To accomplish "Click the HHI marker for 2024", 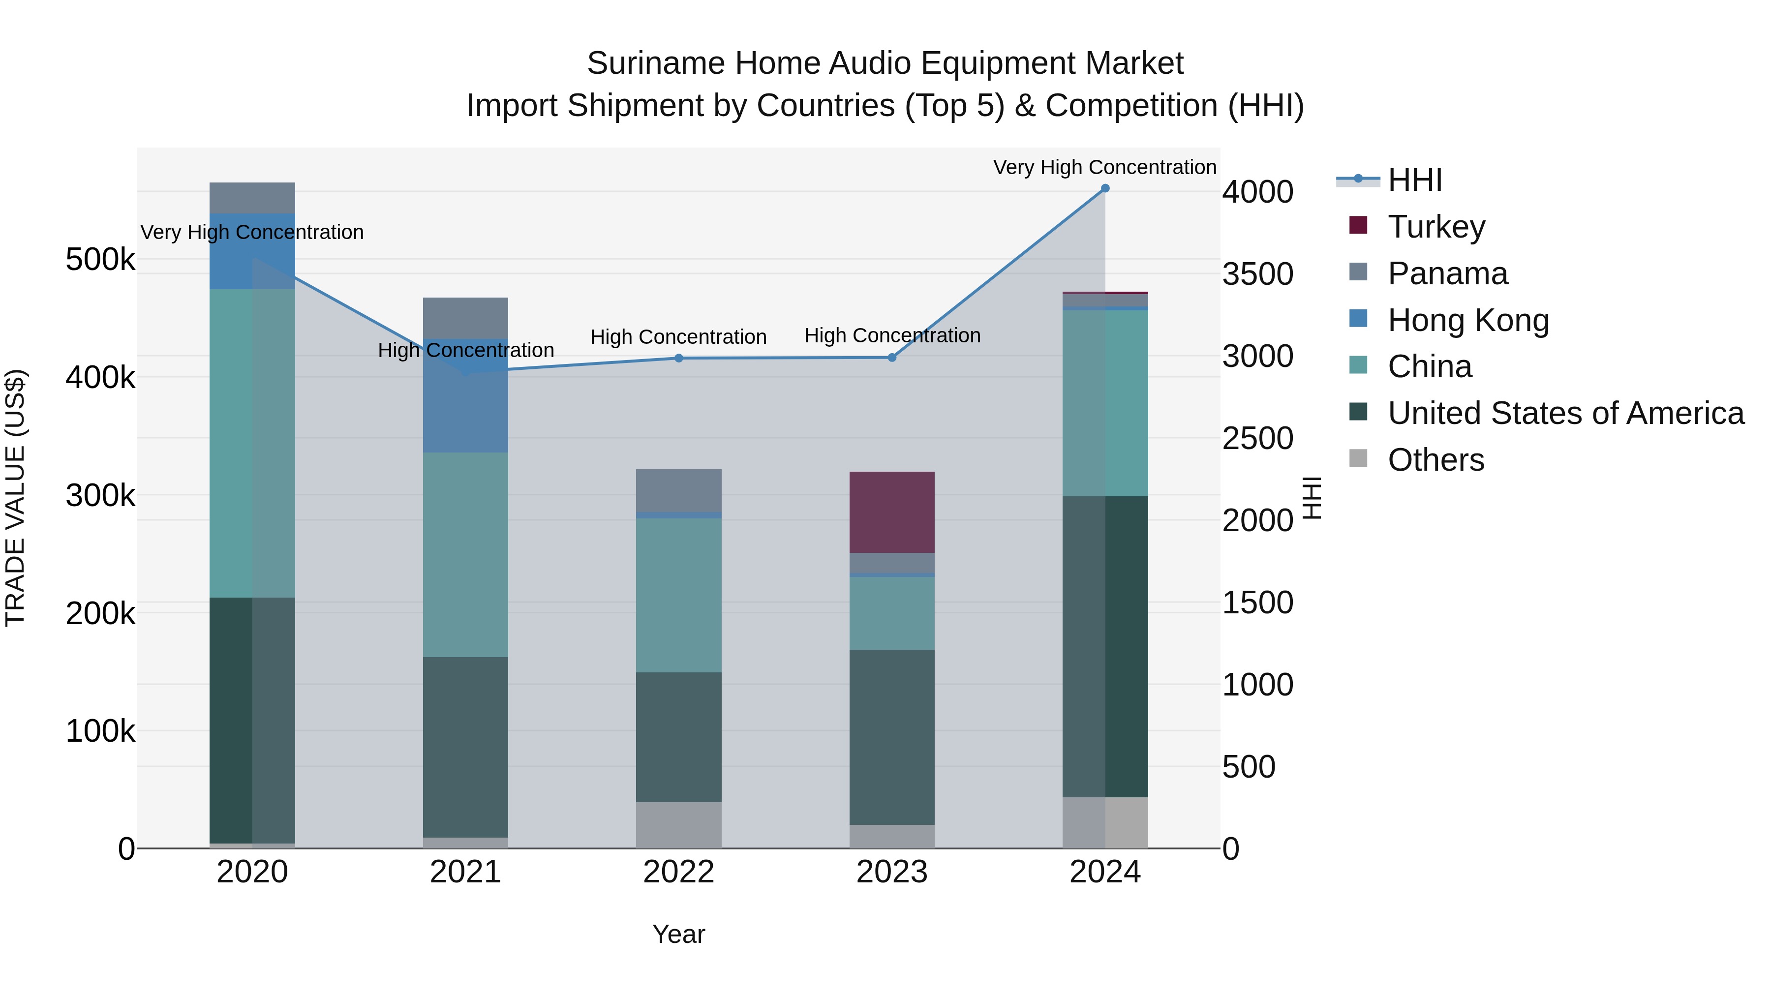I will tap(1105, 188).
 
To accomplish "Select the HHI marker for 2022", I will tap(678, 358).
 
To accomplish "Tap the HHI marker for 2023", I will tap(892, 358).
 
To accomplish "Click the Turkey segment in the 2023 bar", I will tap(892, 512).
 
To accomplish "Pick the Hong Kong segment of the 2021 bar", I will tap(465, 406).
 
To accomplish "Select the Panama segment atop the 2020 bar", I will tap(252, 198).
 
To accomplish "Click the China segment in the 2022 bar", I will tap(678, 595).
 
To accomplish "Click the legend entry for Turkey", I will tap(1435, 227).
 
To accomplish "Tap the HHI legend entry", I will tap(1414, 180).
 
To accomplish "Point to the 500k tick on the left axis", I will tap(100, 260).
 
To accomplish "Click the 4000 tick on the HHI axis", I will tap(1257, 192).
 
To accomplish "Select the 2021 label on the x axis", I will tap(465, 872).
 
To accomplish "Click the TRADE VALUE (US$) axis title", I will tap(15, 498).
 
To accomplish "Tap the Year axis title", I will tap(678, 934).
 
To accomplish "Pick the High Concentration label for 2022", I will tap(678, 337).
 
